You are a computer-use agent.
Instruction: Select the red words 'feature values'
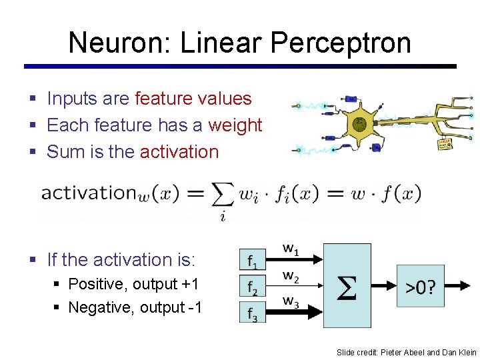[193, 99]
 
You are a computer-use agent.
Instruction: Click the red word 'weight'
[235, 125]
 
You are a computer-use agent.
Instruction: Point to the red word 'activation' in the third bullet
[179, 152]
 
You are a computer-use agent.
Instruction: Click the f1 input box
[253, 259]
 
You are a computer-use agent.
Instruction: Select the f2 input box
[253, 287]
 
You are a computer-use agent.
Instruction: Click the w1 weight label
[291, 249]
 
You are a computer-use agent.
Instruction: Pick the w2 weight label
[291, 275]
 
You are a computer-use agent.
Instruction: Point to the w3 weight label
[291, 301]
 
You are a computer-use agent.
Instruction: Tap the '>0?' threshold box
[421, 287]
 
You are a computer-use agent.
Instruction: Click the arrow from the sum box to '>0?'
[384, 287]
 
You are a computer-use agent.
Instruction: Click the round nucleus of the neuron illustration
[360, 123]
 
